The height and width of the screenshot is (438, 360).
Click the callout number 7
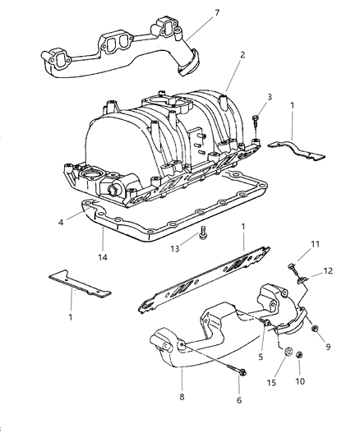tap(217, 13)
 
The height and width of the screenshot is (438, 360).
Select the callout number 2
tap(242, 55)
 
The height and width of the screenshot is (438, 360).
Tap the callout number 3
tap(270, 97)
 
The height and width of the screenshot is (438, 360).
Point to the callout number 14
tap(103, 257)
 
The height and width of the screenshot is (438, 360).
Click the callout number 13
tap(174, 248)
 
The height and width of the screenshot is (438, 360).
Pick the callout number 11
tap(315, 244)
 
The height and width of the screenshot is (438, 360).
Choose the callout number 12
tap(328, 270)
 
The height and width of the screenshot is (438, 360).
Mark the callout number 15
tap(271, 382)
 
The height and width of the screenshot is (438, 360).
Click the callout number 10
tap(300, 381)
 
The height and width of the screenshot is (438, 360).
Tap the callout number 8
tap(182, 397)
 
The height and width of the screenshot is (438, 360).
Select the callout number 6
tap(239, 400)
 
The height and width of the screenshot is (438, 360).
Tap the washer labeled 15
tap(288, 352)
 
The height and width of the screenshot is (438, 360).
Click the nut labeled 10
tap(299, 355)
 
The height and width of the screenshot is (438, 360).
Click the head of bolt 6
tap(242, 372)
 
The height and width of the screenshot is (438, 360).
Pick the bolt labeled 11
tap(292, 269)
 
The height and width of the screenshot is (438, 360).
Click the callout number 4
tap(61, 223)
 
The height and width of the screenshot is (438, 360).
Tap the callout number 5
tap(261, 357)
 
